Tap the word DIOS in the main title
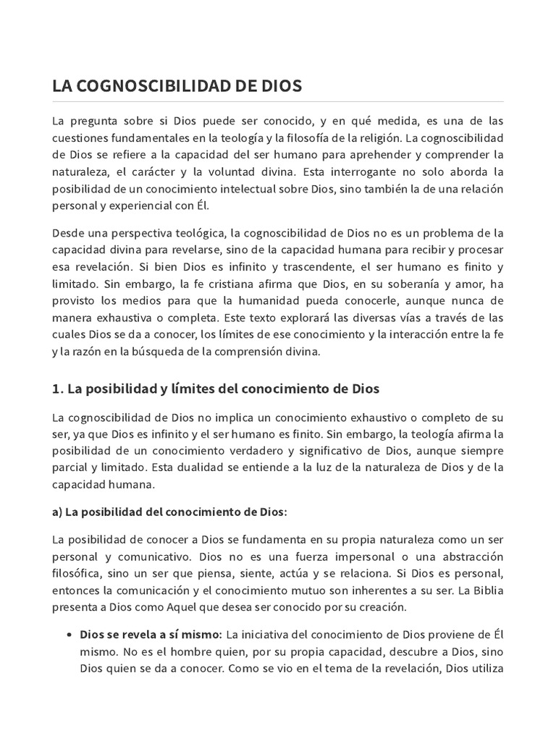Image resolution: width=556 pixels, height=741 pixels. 277,86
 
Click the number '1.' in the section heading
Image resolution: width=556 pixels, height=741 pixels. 57,389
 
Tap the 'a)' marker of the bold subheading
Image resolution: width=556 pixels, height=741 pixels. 57,512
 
